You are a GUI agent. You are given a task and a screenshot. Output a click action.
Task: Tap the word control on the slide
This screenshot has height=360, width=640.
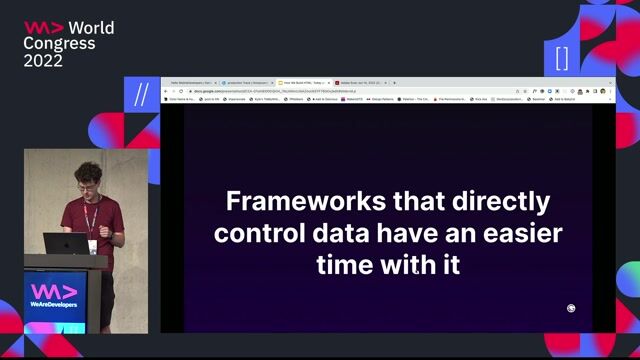pyautogui.click(x=261, y=234)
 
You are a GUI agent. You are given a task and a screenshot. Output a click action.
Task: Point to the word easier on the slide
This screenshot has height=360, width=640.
pyautogui.click(x=513, y=234)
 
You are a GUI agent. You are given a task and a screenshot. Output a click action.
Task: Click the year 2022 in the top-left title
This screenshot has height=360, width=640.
pyautogui.click(x=43, y=61)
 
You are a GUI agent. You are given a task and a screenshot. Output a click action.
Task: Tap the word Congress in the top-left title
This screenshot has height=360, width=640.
pyautogui.click(x=60, y=44)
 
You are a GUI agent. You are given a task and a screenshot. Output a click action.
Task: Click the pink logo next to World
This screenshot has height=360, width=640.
pyautogui.click(x=43, y=28)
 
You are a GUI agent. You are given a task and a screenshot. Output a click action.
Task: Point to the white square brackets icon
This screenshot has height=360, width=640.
pyautogui.click(x=562, y=57)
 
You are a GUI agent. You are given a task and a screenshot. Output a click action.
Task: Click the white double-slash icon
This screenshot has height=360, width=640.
pyautogui.click(x=141, y=94)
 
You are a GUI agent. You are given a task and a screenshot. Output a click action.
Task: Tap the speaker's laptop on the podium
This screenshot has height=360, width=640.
pyautogui.click(x=67, y=243)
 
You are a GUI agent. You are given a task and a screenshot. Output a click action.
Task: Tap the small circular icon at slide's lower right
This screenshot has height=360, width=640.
pyautogui.click(x=571, y=309)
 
